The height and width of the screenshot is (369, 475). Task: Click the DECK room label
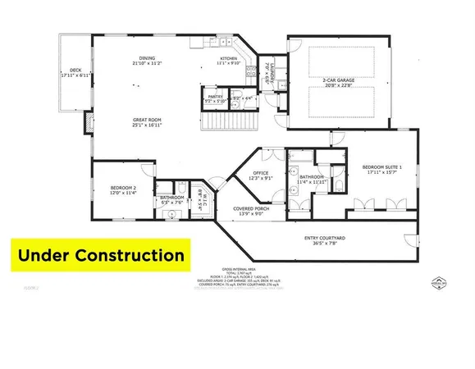pyautogui.click(x=75, y=71)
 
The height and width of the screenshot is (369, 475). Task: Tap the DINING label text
pyautogui.click(x=147, y=57)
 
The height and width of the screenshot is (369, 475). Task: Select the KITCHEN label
pyautogui.click(x=227, y=57)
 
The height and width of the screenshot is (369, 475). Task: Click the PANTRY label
pyautogui.click(x=216, y=97)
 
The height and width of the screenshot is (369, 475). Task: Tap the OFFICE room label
pyautogui.click(x=261, y=173)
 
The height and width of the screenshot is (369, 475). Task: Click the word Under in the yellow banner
pyautogui.click(x=53, y=255)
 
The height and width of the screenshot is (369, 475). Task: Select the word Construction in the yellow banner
pyautogui.click(x=134, y=255)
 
